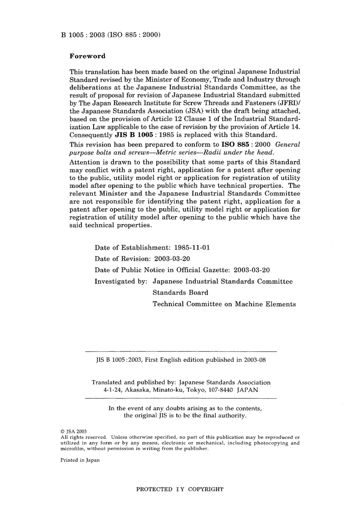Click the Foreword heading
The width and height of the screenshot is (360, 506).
click(x=88, y=56)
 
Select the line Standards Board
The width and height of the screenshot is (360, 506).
click(x=180, y=292)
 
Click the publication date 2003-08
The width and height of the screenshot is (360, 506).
click(x=255, y=360)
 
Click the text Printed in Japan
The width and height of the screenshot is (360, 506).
click(x=80, y=460)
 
